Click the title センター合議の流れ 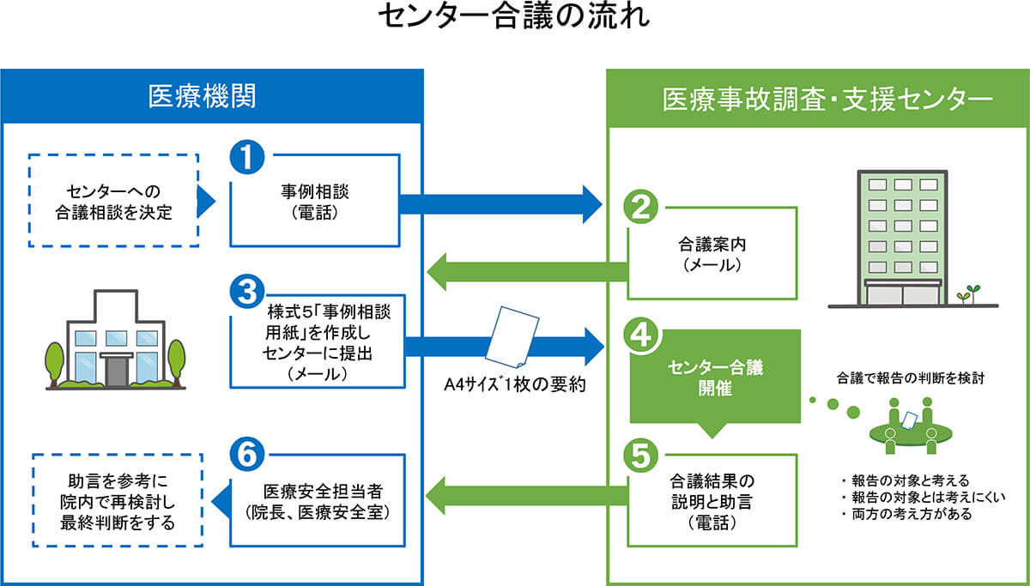pos(515,20)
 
